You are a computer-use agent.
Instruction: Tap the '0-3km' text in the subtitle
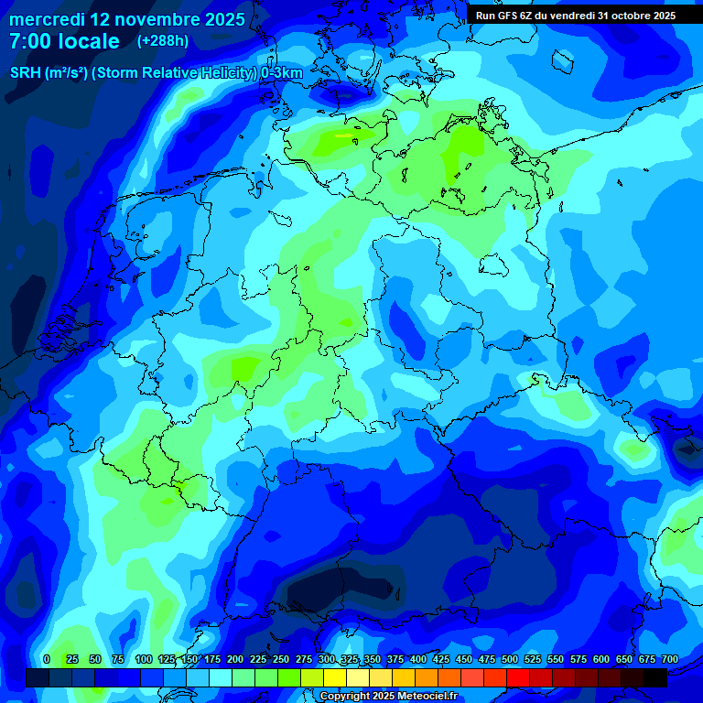[282, 72]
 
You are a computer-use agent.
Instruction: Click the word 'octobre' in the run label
[624, 16]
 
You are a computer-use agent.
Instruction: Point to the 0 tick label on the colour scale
[47, 659]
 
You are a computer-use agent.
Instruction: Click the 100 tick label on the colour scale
[144, 659]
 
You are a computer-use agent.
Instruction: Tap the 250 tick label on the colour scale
[281, 659]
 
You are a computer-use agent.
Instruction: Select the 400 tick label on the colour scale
[418, 659]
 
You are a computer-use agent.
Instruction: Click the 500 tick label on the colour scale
[510, 659]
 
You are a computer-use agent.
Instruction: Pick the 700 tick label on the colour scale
[669, 659]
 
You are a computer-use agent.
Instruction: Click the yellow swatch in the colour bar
[335, 677]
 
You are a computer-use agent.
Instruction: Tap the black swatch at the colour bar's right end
[655, 677]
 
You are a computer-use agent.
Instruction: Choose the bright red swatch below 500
[518, 677]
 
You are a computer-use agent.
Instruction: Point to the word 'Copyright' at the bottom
[347, 697]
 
